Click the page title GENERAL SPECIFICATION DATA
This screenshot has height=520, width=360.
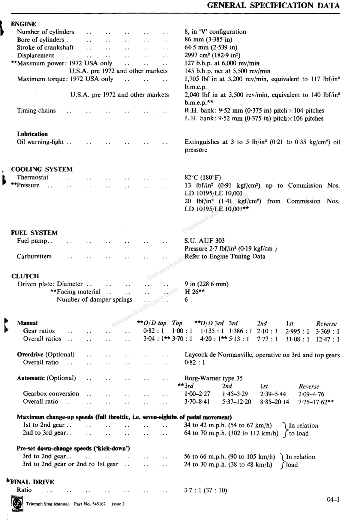[x=273, y=5]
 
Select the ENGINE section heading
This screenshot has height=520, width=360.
[x=23, y=24]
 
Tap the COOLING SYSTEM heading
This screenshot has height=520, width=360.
[x=42, y=169]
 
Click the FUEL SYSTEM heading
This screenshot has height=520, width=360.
[x=34, y=233]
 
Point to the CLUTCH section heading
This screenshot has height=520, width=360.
[x=25, y=276]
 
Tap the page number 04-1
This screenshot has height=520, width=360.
[x=333, y=500]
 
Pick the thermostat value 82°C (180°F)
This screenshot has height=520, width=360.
[x=202, y=177]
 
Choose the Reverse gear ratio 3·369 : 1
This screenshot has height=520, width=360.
[x=327, y=332]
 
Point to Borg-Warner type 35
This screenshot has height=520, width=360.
[x=213, y=378]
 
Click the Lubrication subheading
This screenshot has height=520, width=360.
[x=32, y=134]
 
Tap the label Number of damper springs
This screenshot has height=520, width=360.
[x=94, y=299]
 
